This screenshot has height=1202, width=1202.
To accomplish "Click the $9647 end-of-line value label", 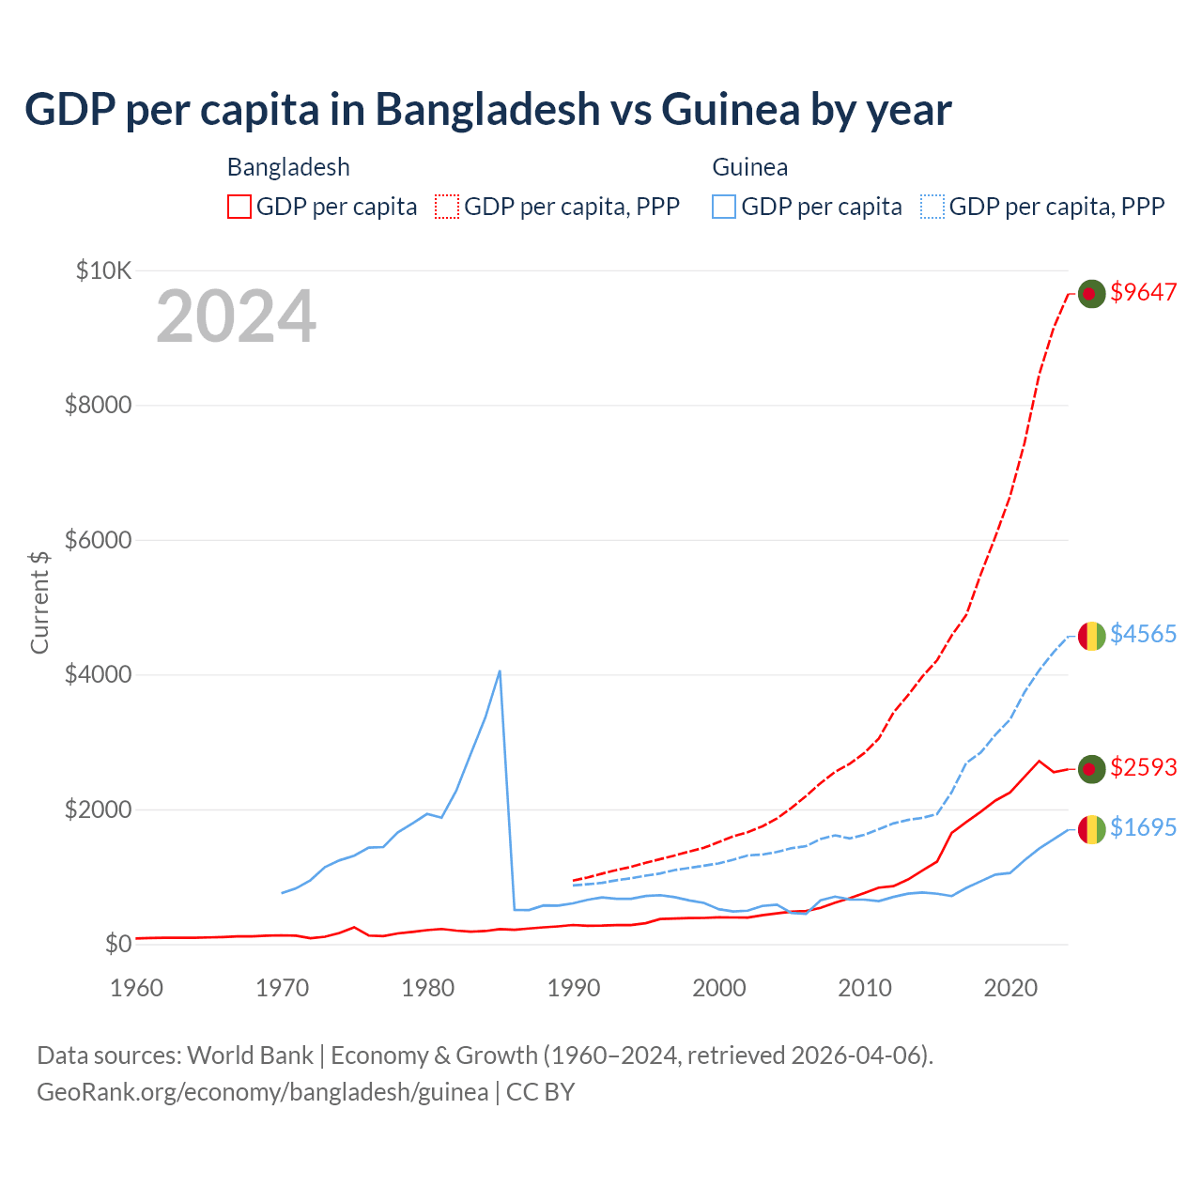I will point(1143,292).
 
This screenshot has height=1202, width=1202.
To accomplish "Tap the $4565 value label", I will point(1143,634).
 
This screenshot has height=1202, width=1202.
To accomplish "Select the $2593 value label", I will point(1143,767).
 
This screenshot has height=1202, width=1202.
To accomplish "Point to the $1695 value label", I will point(1143,827).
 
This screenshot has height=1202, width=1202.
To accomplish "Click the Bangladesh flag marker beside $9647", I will point(1090,294).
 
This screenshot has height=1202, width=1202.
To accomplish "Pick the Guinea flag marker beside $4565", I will point(1090,637).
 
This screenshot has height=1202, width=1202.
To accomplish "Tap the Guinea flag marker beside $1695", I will point(1090,829).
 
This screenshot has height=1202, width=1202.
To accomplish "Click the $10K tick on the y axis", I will point(103,271).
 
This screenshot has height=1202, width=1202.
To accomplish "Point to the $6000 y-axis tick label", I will point(98,540).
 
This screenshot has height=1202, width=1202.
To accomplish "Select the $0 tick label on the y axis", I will point(118,944).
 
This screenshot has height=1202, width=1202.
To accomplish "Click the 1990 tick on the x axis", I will point(573,988).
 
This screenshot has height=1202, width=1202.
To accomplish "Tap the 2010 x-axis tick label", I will point(864,988).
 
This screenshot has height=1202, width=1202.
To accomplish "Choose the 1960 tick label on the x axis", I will point(137,988).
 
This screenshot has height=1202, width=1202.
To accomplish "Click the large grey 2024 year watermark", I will point(236,316).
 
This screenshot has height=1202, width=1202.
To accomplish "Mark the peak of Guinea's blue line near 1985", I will point(500,671).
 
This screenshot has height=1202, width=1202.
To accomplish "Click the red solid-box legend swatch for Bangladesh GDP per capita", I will point(239,207).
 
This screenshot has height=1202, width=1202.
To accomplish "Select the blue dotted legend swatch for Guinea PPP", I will point(932,207).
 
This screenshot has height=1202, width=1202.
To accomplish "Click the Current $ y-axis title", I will point(39,602).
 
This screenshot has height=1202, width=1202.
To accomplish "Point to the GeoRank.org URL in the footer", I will point(262,1092).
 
